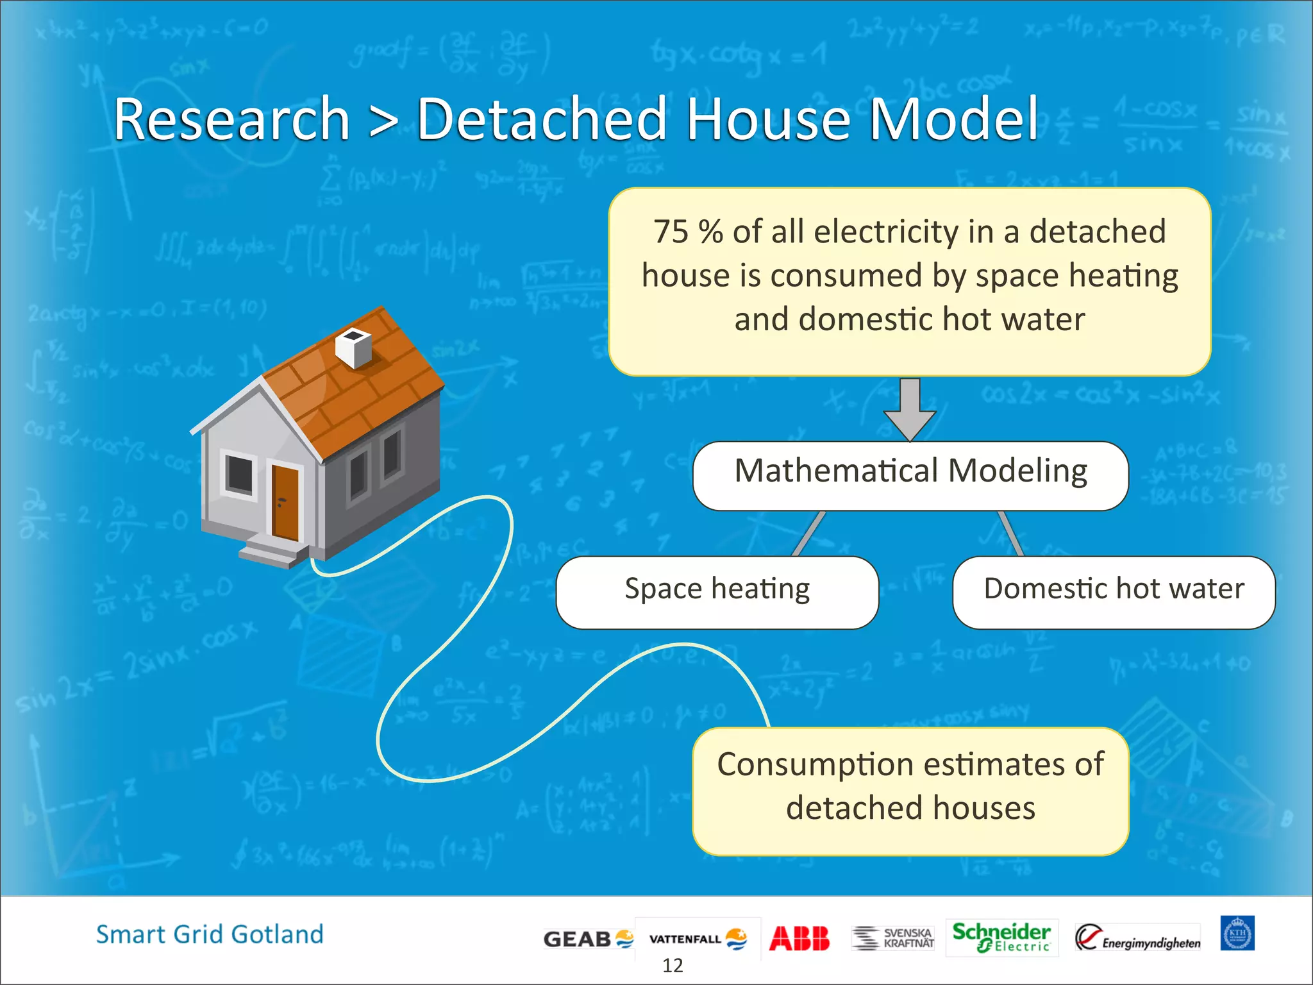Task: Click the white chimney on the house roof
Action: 353,347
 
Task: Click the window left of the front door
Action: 239,474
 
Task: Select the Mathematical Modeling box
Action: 910,475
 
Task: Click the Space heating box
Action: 717,591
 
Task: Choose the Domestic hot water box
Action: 1114,591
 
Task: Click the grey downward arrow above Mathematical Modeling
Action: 910,408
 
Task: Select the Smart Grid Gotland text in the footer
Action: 210,934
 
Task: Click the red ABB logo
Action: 799,938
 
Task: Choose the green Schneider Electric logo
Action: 1001,937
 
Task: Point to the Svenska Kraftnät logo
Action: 892,938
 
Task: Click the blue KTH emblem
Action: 1237,933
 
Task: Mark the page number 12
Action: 673,965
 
